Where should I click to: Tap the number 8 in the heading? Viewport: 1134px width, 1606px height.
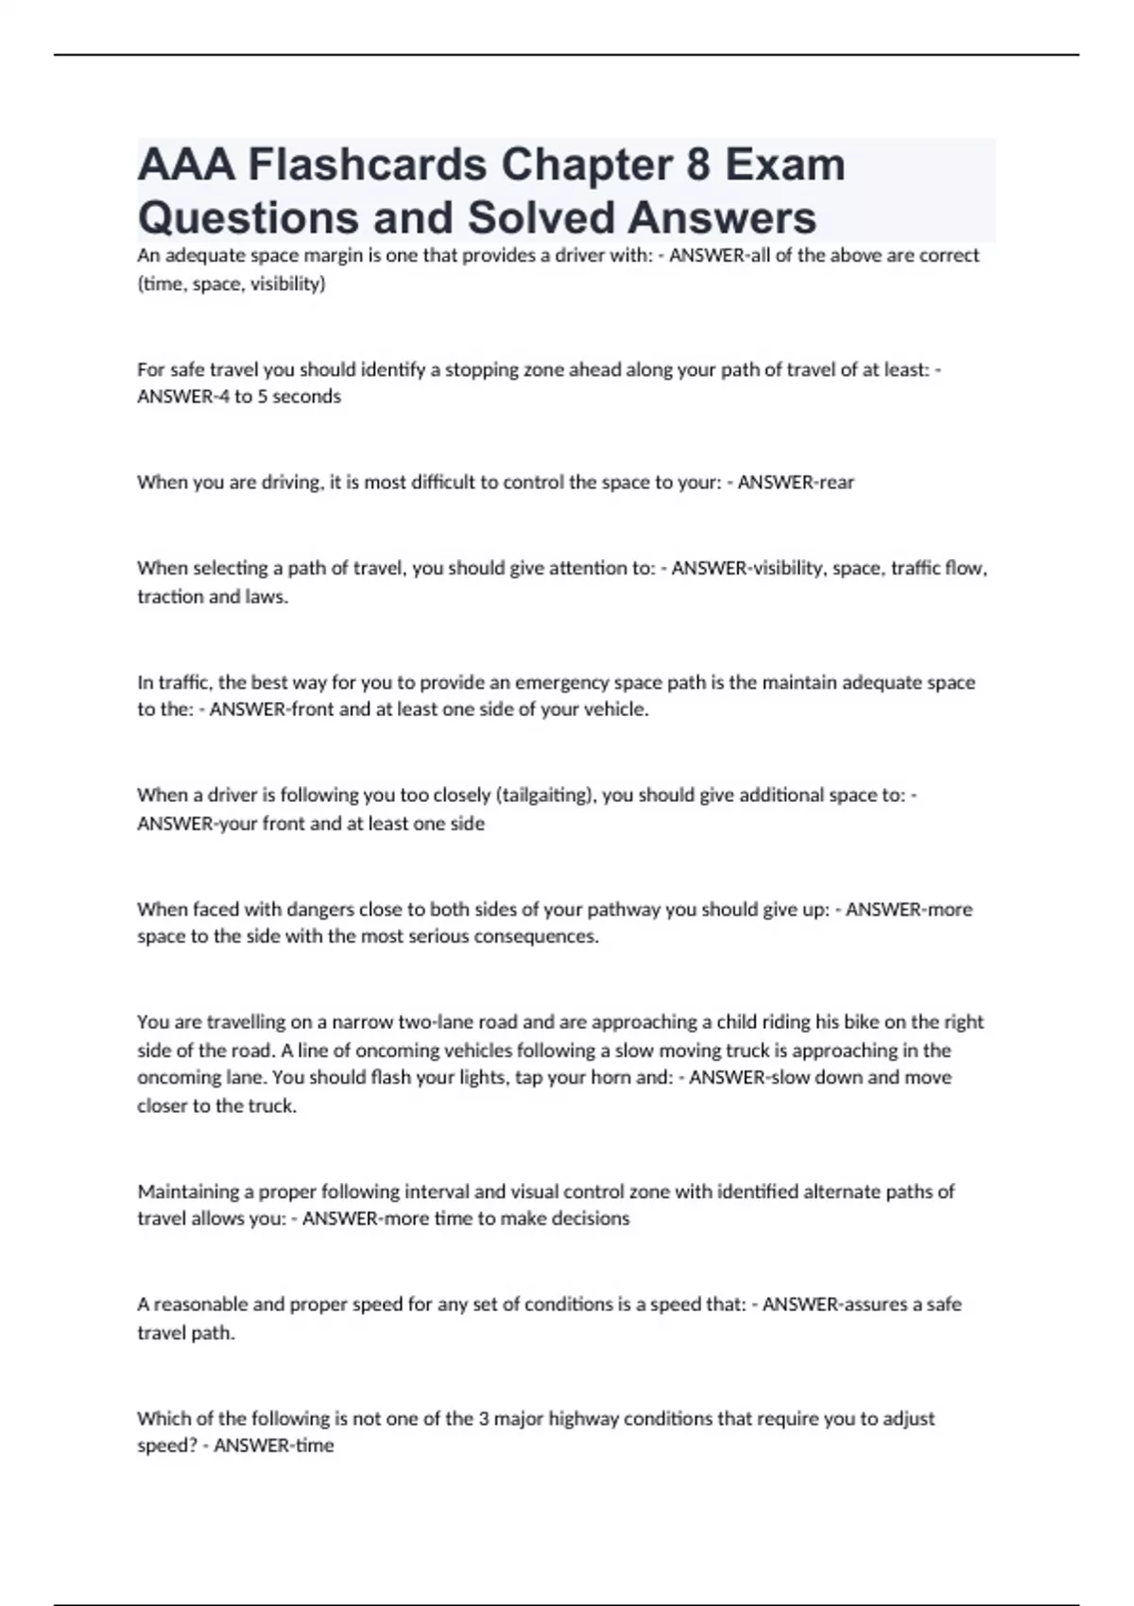pyautogui.click(x=697, y=165)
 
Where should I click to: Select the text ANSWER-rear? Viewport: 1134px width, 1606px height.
pyautogui.click(x=796, y=482)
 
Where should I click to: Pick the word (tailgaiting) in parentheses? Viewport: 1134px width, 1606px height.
pyautogui.click(x=545, y=794)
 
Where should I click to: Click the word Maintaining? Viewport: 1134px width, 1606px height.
pyautogui.click(x=196, y=1191)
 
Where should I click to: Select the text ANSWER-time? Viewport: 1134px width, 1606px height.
pyautogui.click(x=274, y=1445)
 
